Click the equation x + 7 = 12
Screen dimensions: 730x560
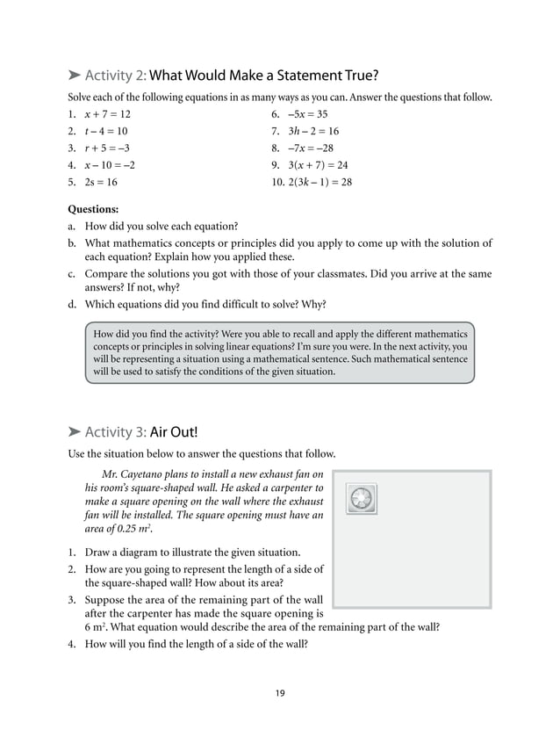[107, 114]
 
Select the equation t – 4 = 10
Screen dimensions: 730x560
[105, 131]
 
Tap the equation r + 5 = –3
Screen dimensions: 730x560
[107, 148]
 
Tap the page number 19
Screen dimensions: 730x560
[279, 693]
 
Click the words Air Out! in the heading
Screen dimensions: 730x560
[174, 432]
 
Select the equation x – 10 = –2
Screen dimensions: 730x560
[110, 165]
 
